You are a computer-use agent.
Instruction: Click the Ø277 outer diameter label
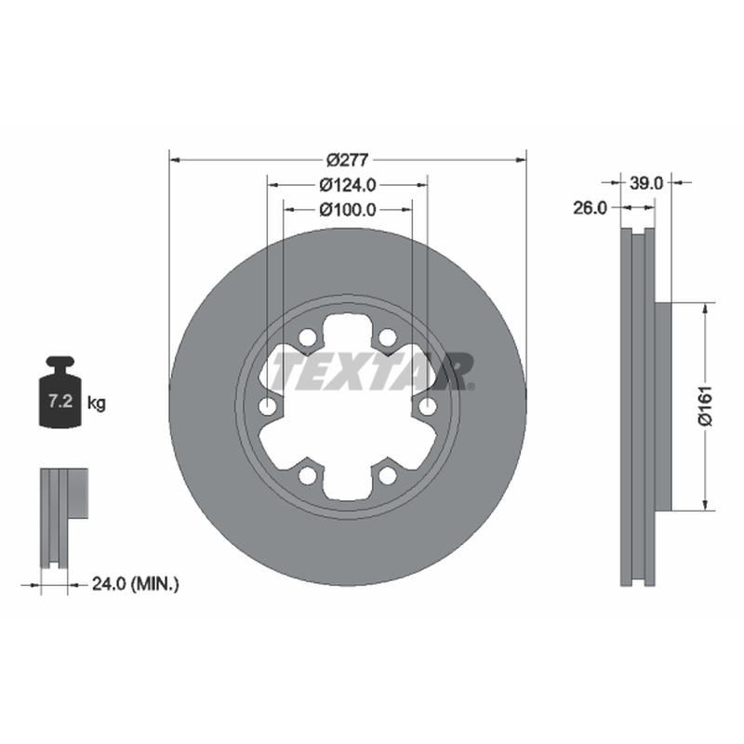point(347,160)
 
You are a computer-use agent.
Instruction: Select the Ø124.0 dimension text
point(347,184)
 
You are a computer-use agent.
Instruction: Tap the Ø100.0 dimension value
point(347,209)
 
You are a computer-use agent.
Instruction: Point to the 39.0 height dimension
point(645,182)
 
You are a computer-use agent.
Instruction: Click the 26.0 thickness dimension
point(590,207)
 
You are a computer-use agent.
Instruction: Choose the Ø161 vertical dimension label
point(705,406)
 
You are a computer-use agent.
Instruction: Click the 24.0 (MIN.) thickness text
point(135,584)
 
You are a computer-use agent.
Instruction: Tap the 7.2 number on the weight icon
point(60,402)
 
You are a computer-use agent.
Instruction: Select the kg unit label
point(97,404)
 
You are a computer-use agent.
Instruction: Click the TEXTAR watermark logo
point(373,371)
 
